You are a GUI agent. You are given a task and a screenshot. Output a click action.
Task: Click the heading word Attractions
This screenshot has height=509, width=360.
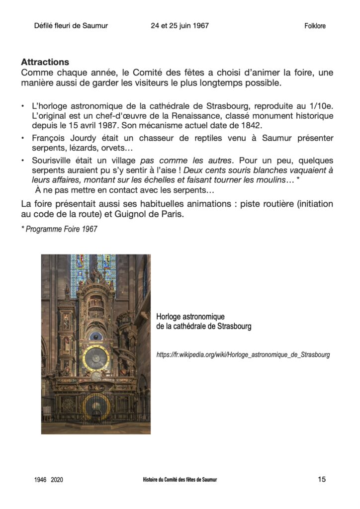click(x=45, y=63)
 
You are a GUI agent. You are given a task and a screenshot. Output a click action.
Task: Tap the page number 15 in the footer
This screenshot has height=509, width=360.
click(x=322, y=479)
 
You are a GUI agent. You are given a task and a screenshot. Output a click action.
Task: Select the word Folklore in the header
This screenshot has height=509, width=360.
click(x=315, y=26)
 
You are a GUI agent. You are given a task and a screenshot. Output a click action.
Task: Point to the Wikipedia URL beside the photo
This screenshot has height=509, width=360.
click(x=243, y=355)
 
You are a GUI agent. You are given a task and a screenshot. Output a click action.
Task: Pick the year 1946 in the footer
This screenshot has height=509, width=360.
click(x=41, y=480)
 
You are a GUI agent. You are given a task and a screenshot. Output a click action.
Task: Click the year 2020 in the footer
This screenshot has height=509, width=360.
click(x=57, y=480)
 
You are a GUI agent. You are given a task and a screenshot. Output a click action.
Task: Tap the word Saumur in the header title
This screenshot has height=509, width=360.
click(x=95, y=26)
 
